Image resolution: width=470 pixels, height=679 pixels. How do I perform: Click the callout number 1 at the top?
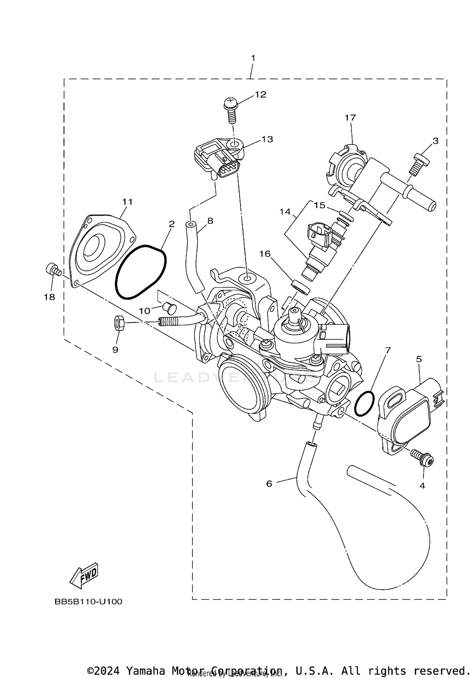[x=253, y=58]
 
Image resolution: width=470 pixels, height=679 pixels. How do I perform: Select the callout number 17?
[x=350, y=118]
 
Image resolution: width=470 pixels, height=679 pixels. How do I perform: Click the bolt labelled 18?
[x=53, y=270]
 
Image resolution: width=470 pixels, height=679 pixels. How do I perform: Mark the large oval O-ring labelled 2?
[x=141, y=272]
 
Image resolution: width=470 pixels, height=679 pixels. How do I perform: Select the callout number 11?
[x=127, y=202]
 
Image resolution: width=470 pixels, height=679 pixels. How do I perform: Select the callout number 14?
[x=285, y=212]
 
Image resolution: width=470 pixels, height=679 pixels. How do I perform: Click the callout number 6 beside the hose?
[x=269, y=484]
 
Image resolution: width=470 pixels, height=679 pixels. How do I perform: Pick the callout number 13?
[x=267, y=139]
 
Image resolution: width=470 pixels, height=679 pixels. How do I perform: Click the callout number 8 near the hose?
[x=210, y=221]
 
